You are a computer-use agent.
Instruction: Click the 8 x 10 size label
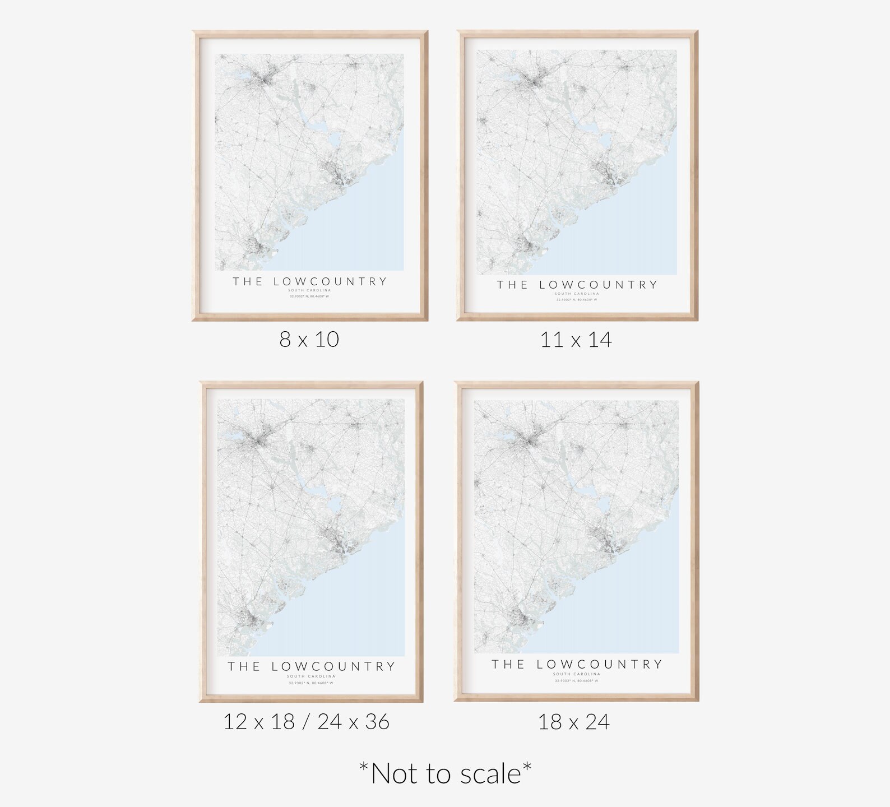coord(309,340)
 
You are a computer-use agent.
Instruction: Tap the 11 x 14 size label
coord(576,340)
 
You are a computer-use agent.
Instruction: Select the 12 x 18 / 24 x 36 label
coord(306,722)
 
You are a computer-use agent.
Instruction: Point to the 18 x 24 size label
coord(573,722)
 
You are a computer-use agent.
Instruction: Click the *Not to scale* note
coord(445,774)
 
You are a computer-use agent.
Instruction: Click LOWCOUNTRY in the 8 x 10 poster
coord(330,281)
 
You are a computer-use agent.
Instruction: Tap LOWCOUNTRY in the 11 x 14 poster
coord(598,285)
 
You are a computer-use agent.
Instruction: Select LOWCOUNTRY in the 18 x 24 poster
coord(599,665)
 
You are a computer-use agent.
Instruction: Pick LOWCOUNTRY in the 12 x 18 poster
coord(333,667)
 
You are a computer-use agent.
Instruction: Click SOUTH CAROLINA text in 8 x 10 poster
coord(309,290)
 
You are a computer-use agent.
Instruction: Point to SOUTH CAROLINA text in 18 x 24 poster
coord(576,674)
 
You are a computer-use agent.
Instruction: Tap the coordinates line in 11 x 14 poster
coord(576,300)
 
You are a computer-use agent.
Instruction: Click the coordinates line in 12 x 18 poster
coord(310,683)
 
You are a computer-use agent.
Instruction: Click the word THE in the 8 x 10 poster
coord(248,281)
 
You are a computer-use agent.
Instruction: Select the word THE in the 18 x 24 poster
coord(508,665)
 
